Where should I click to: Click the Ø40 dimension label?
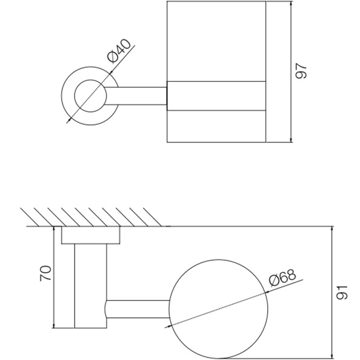(x=119, y=51)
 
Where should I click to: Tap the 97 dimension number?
(x=301, y=71)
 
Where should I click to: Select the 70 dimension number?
(x=45, y=273)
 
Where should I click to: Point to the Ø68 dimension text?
(x=282, y=277)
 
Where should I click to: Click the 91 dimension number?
(x=342, y=293)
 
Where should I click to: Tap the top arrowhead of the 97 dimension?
(x=291, y=4)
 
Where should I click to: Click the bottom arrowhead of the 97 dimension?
(x=291, y=140)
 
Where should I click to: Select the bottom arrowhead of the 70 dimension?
(x=54, y=325)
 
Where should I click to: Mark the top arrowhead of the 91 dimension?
(x=332, y=229)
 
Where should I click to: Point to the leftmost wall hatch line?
(x=30, y=217)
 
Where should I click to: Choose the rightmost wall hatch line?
(x=153, y=217)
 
